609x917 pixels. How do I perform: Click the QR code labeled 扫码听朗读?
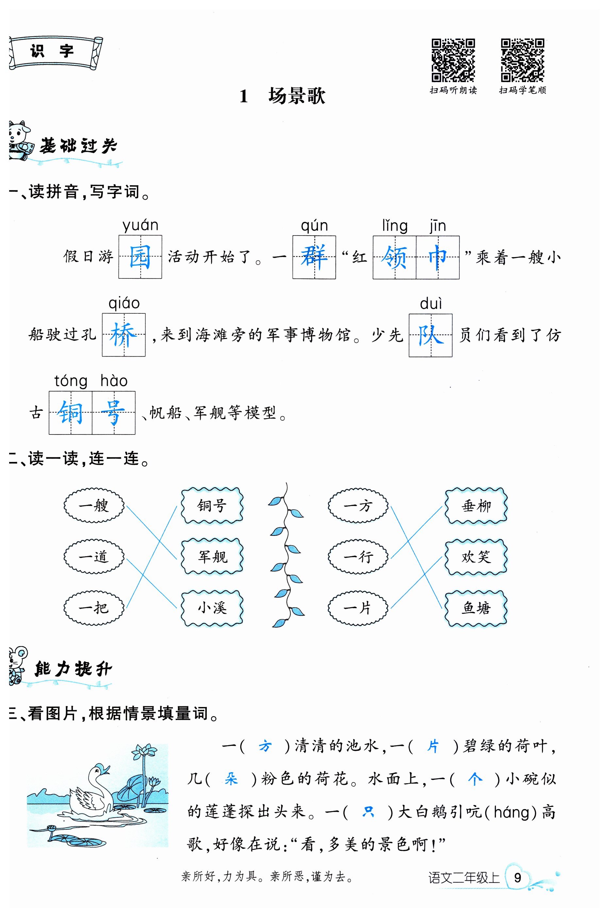(453, 60)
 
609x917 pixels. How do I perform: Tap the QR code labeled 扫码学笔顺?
(522, 60)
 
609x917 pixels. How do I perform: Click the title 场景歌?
(296, 96)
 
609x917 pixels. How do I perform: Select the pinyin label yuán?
(140, 225)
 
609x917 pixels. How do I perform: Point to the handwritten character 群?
(314, 257)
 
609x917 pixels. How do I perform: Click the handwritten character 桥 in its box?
(123, 335)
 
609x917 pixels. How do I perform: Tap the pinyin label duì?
(431, 304)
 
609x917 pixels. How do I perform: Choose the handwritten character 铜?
(70, 413)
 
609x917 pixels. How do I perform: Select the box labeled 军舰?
(212, 556)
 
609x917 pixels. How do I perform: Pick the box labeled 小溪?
(212, 608)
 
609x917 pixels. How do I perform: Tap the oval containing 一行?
(358, 556)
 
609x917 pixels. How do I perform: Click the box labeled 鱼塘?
(476, 608)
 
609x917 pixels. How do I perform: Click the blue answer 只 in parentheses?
(368, 812)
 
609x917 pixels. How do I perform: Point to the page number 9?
(517, 877)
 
